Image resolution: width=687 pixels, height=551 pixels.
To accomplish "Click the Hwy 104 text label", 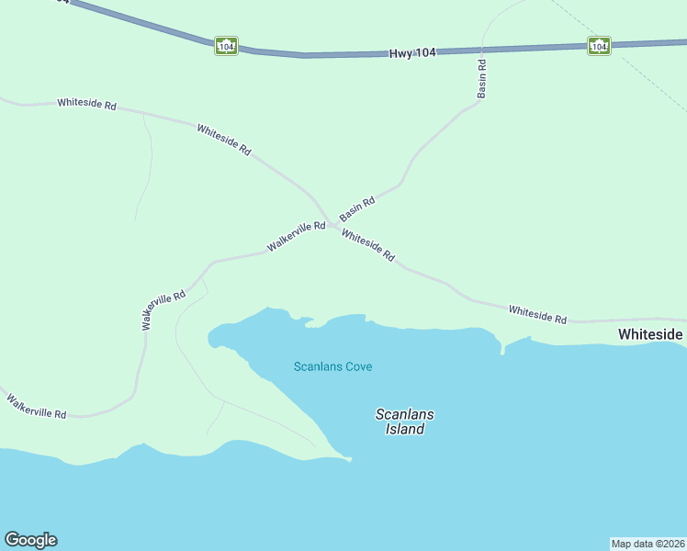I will click(x=411, y=54).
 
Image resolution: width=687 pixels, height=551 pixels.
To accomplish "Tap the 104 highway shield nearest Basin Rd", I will click(x=598, y=46).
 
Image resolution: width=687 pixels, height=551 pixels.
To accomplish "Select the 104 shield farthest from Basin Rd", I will click(x=226, y=45).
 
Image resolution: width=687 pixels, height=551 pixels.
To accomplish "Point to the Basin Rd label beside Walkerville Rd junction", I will click(x=357, y=208).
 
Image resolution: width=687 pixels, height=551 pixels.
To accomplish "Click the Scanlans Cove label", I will click(x=332, y=366).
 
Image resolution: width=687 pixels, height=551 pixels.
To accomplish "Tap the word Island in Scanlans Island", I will click(x=405, y=429).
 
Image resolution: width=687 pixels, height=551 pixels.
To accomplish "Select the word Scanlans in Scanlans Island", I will click(x=405, y=414).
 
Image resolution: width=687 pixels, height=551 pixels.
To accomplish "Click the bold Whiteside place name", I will click(x=650, y=334).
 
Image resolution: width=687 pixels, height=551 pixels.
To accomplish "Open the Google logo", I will click(x=30, y=540).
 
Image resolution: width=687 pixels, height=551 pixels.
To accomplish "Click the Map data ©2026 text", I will click(x=648, y=544).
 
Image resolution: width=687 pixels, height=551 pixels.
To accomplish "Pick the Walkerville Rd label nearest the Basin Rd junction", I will click(x=296, y=237).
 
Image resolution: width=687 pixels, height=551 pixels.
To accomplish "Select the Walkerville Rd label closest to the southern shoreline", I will click(x=37, y=407).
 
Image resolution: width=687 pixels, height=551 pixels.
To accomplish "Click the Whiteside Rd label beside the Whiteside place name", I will click(x=537, y=314).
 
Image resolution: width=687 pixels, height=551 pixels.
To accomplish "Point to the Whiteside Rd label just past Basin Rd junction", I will click(x=367, y=246).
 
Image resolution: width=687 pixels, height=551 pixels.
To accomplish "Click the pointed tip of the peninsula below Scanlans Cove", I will click(x=350, y=458).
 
